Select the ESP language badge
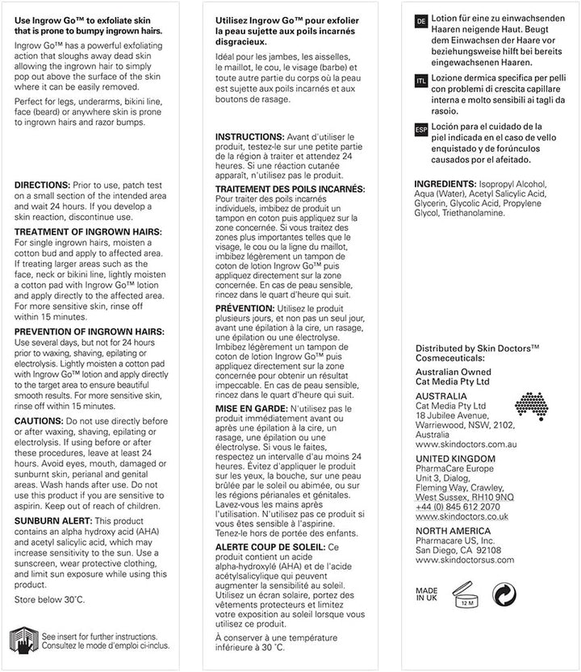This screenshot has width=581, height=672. pyautogui.click(x=420, y=128)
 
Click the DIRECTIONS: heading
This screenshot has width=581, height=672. pyautogui.click(x=41, y=184)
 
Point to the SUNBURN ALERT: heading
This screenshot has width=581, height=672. pyautogui.click(x=51, y=521)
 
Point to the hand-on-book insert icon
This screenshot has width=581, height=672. pyautogui.click(x=23, y=640)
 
